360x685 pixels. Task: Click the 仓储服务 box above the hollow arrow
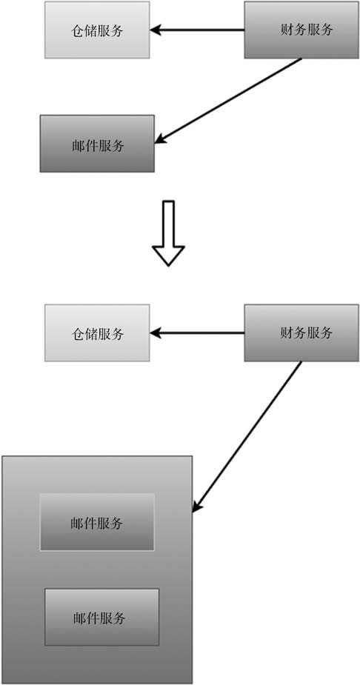click(97, 30)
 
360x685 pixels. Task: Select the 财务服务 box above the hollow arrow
click(301, 30)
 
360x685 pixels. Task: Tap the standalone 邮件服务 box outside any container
click(97, 144)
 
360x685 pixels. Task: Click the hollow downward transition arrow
click(168, 233)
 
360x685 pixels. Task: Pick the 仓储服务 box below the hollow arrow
click(97, 333)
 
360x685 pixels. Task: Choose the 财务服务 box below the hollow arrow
click(301, 333)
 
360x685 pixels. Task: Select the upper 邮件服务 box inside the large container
click(97, 522)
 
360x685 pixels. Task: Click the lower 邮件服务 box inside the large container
click(101, 618)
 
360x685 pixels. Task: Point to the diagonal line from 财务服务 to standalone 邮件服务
click(228, 101)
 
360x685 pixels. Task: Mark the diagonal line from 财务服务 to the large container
click(247, 437)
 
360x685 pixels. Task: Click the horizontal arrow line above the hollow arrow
click(197, 30)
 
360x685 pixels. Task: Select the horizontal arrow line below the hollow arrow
click(197, 333)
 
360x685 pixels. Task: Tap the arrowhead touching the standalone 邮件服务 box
click(160, 139)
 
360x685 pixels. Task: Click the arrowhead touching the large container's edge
click(196, 507)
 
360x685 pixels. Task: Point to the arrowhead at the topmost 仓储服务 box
click(156, 30)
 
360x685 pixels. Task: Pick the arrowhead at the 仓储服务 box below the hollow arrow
click(156, 333)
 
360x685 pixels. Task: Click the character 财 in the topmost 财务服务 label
click(286, 30)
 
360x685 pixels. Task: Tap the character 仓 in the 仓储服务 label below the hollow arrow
click(77, 334)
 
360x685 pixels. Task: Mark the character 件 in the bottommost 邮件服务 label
click(93, 618)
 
